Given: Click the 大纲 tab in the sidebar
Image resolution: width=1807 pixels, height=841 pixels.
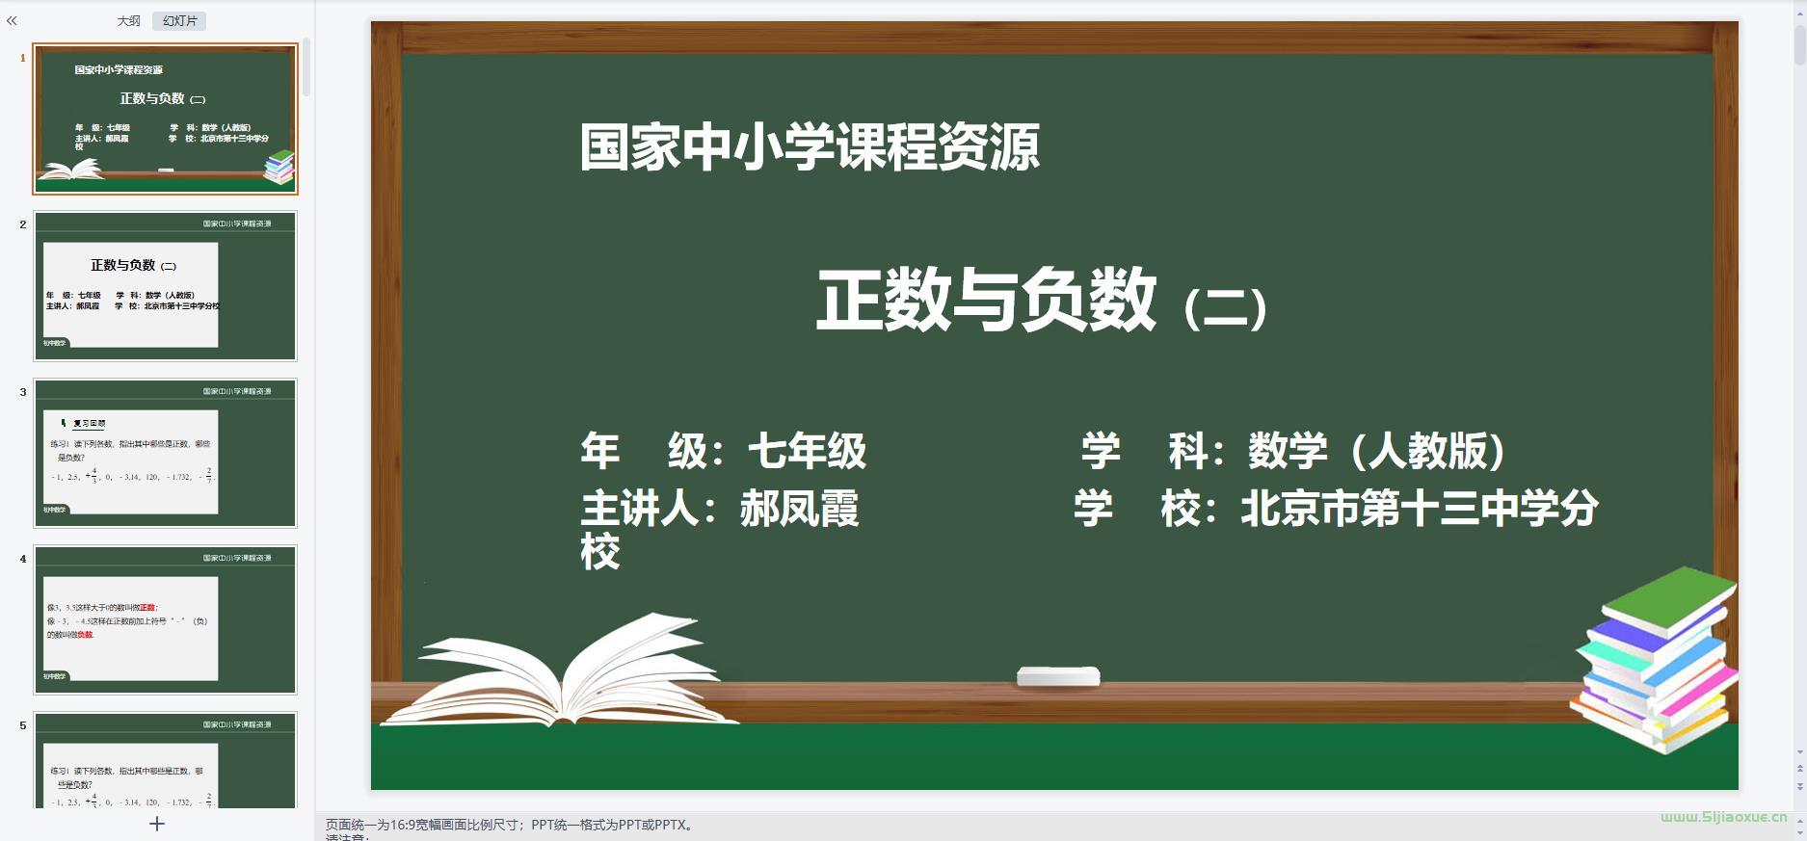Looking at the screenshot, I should click(128, 21).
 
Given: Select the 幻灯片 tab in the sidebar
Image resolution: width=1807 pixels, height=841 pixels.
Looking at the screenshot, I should click(179, 21).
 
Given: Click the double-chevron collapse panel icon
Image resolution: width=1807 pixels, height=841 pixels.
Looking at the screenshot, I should click(12, 20).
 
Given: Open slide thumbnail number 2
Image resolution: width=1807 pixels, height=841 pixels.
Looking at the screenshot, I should click(165, 286).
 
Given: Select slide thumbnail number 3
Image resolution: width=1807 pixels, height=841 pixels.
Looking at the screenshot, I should click(165, 453).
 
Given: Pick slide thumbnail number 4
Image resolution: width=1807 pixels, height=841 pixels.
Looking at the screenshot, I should click(165, 619).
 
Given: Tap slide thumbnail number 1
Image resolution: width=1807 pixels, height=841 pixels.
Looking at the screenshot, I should click(165, 118).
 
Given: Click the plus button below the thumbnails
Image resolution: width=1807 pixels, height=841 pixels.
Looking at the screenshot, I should click(157, 824).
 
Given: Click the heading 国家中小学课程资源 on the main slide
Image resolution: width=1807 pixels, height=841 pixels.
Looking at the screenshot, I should click(810, 148).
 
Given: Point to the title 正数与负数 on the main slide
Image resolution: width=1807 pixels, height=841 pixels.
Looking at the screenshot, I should click(986, 301).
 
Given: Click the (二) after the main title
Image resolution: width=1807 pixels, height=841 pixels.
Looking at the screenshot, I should click(1225, 308).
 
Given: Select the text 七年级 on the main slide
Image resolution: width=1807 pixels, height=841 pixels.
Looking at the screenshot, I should click(807, 451).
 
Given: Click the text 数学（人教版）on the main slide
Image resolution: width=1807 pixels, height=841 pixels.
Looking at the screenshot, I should click(1376, 451).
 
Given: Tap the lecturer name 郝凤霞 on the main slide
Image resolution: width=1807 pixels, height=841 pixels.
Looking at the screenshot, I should click(799, 509).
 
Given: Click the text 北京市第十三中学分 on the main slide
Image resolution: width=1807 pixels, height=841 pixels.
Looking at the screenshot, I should click(1419, 509).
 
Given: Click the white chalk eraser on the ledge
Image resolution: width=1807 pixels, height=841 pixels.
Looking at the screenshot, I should click(1058, 676).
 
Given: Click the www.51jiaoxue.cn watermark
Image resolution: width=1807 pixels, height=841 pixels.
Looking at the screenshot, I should click(1723, 817).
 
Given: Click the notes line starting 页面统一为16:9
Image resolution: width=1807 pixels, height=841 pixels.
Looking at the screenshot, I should click(511, 825).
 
